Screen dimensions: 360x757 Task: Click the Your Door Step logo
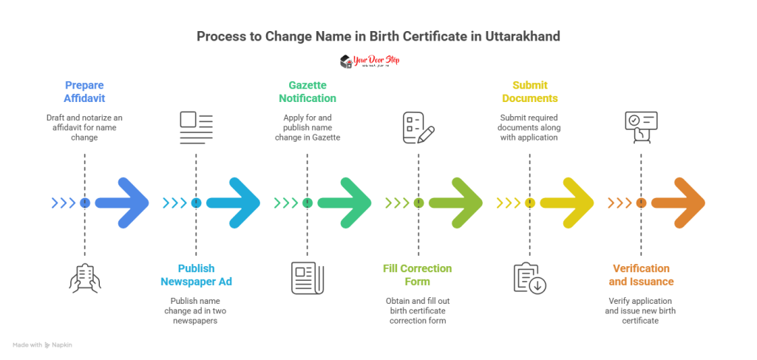tap(369, 61)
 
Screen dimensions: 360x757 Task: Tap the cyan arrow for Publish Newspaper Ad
tap(234, 203)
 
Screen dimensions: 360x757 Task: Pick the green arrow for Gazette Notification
tap(345, 203)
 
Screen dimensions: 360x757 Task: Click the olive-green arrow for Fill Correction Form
tap(456, 203)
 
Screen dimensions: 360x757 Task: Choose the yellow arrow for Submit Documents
tap(567, 203)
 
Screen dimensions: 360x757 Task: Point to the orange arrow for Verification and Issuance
tap(679, 203)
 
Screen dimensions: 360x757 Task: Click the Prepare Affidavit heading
tap(84, 90)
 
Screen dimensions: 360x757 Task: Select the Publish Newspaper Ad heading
tap(196, 274)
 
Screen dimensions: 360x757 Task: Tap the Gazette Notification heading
tap(307, 90)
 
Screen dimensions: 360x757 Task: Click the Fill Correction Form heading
tap(418, 274)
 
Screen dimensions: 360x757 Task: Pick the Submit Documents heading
tap(529, 90)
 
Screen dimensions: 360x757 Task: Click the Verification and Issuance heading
tap(641, 274)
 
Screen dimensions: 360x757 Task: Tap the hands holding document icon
tap(84, 277)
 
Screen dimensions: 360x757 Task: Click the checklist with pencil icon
tap(418, 126)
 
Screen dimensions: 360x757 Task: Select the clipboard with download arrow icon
tap(529, 277)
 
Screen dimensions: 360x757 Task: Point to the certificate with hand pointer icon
tap(640, 126)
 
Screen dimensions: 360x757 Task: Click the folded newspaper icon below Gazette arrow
tap(307, 277)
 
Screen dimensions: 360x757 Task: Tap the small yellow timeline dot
tap(529, 203)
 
